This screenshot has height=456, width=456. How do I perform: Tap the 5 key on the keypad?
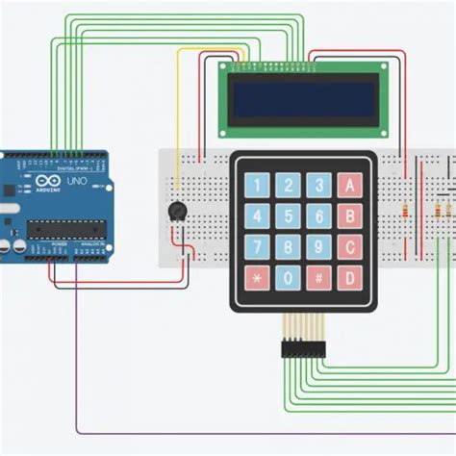click(x=288, y=215)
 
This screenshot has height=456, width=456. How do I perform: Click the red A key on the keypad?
click(x=352, y=185)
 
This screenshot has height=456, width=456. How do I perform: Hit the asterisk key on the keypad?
click(x=257, y=278)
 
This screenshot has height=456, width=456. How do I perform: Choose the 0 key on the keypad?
click(x=288, y=278)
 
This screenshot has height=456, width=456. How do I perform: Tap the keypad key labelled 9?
click(x=319, y=247)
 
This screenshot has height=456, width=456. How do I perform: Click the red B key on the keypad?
click(x=352, y=215)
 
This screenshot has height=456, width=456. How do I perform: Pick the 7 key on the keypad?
click(x=257, y=247)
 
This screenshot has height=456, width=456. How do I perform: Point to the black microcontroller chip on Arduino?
click(x=63, y=227)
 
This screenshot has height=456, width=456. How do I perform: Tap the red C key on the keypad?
click(x=352, y=247)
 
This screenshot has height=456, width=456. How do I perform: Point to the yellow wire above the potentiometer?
click(x=177, y=115)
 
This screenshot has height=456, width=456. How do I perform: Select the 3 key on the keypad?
click(x=319, y=185)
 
